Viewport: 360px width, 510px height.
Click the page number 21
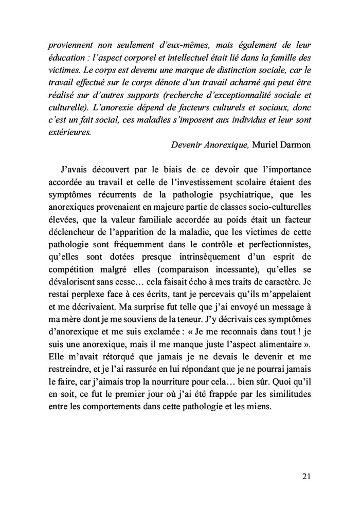tap(304, 477)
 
